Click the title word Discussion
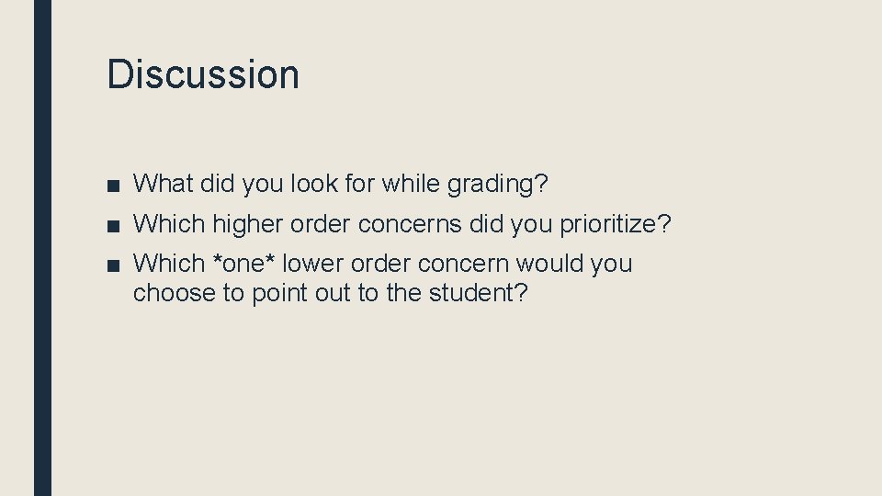(x=203, y=73)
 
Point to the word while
(x=412, y=184)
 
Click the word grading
(x=493, y=185)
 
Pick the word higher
(x=246, y=224)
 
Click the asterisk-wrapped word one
(x=243, y=264)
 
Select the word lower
(x=311, y=264)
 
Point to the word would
(x=549, y=264)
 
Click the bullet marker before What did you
(x=111, y=185)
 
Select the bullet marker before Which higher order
(x=111, y=224)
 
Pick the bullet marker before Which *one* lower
(x=111, y=265)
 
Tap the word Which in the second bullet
(x=169, y=224)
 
